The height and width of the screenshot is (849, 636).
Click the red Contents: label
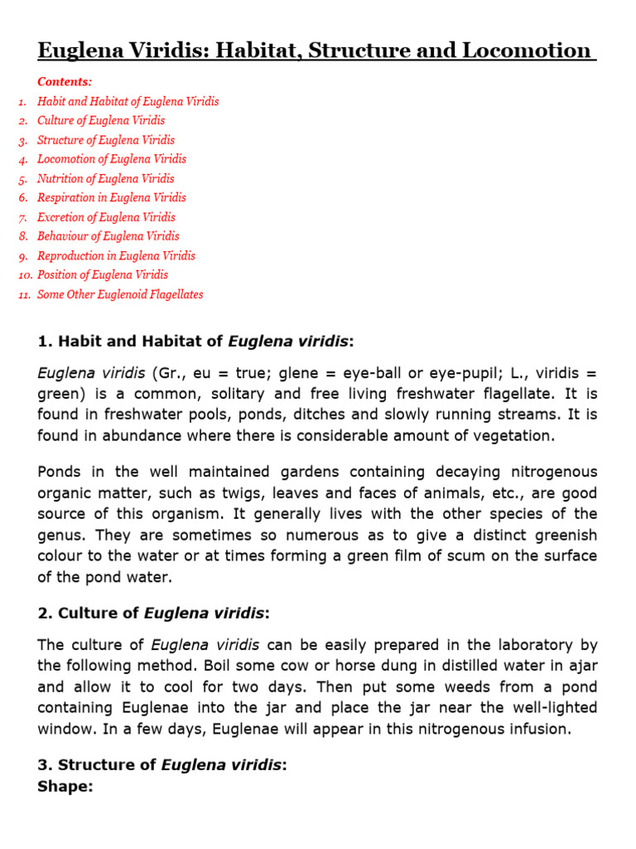point(65,81)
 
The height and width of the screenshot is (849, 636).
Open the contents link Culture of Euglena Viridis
point(101,120)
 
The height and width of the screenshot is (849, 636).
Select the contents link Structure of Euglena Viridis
point(106,140)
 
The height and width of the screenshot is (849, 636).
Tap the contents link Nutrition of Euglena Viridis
point(106,178)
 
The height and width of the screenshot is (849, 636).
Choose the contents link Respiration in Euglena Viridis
point(112,197)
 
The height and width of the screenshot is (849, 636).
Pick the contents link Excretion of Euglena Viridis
point(106,217)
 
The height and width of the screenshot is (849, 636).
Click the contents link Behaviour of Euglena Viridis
point(108,236)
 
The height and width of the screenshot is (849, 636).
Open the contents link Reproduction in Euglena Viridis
point(117,256)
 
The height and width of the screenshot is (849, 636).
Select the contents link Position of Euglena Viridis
point(103,274)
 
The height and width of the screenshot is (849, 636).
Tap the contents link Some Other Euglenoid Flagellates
point(120,294)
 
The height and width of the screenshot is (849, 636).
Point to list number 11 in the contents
point(24,295)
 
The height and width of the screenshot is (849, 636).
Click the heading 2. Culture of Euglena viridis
point(154,614)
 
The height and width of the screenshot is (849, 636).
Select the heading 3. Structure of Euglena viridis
point(162,765)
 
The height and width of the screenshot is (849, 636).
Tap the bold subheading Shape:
point(65,786)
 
